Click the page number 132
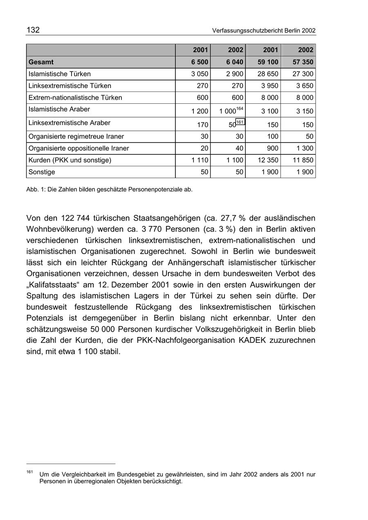(33, 30)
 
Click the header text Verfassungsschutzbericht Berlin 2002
(264, 31)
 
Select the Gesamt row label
(41, 62)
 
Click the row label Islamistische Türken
(60, 74)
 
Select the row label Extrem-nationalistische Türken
(75, 98)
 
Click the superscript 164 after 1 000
(240, 109)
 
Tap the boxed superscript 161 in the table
(240, 122)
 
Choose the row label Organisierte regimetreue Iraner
(76, 136)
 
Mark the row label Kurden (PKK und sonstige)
(70, 160)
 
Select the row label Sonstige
(42, 172)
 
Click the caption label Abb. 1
(36, 190)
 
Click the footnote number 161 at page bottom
(29, 472)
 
